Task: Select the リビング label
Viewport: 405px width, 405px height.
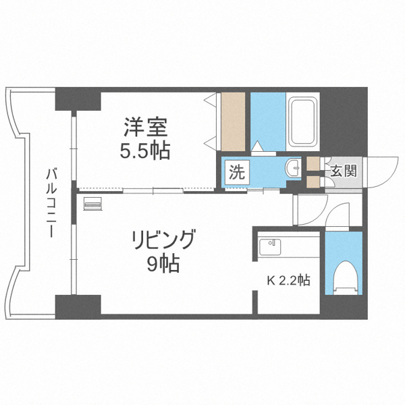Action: pos(162,240)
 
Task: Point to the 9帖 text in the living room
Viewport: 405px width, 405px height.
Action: pos(163,264)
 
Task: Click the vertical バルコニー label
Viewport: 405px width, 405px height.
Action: pos(50,202)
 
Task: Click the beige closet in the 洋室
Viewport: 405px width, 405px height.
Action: pos(232,122)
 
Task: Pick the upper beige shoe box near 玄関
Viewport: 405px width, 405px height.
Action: pos(313,163)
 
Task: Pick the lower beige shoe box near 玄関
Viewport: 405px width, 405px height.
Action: pos(313,181)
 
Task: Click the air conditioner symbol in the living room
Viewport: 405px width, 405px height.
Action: pos(92,202)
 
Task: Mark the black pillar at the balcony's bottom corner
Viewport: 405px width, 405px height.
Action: pos(77,305)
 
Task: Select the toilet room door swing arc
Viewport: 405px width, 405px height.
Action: pos(337,215)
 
